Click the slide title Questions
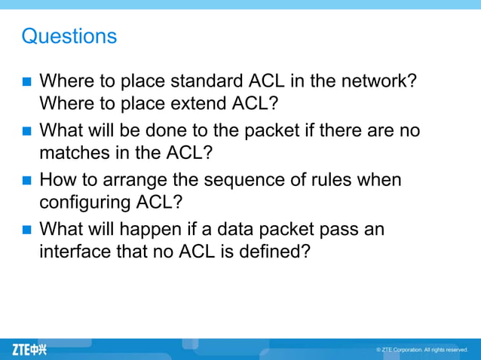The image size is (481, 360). [69, 35]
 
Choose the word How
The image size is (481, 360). [58, 181]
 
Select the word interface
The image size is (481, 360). [75, 251]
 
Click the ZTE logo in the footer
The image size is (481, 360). [29, 349]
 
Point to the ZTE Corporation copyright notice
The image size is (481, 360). [422, 349]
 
